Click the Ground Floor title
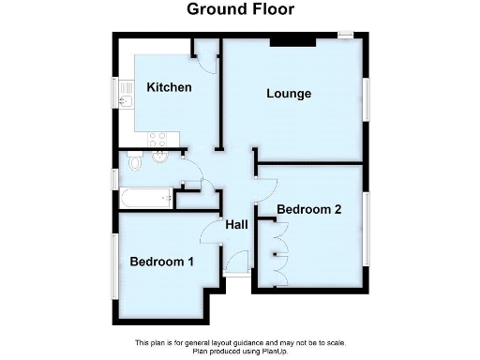(240, 10)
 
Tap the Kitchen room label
(170, 88)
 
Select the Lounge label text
(289, 94)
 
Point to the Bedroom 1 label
(162, 262)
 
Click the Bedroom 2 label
(308, 209)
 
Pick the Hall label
(236, 225)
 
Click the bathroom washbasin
(159, 158)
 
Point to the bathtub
(144, 198)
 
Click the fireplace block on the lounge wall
(292, 40)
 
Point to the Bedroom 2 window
(367, 230)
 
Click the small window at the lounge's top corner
(347, 36)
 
